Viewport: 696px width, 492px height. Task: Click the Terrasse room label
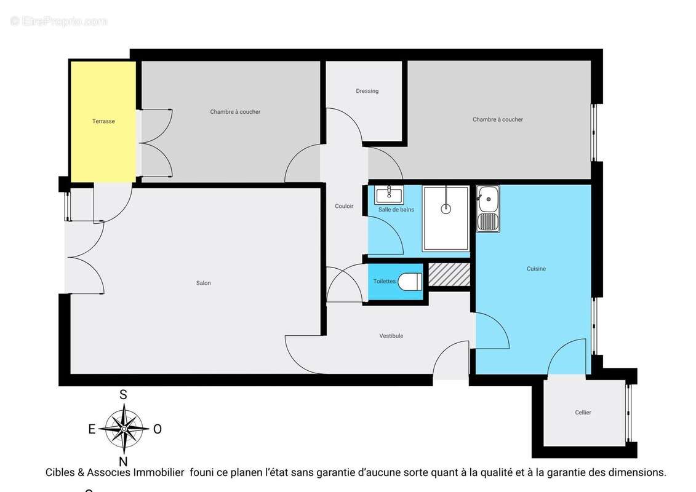point(103,121)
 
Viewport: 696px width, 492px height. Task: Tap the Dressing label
point(367,91)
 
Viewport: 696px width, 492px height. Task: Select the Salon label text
point(203,283)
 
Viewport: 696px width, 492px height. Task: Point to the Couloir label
point(344,206)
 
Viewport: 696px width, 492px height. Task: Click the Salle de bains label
point(396,210)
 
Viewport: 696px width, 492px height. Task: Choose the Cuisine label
point(536,269)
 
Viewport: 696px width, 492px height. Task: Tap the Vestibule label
point(391,336)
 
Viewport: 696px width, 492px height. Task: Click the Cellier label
point(583,413)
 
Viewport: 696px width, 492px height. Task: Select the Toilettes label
point(384,282)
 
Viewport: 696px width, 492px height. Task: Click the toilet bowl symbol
point(410,282)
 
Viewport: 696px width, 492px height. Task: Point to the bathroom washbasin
point(389,195)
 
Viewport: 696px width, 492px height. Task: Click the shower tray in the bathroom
point(446,218)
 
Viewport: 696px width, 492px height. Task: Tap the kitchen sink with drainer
point(488,209)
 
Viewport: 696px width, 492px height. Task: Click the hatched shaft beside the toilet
point(449,274)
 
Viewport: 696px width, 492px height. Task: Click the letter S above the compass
point(123,395)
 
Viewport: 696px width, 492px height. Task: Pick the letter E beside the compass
point(92,429)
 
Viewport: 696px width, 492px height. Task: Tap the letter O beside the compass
point(157,429)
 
